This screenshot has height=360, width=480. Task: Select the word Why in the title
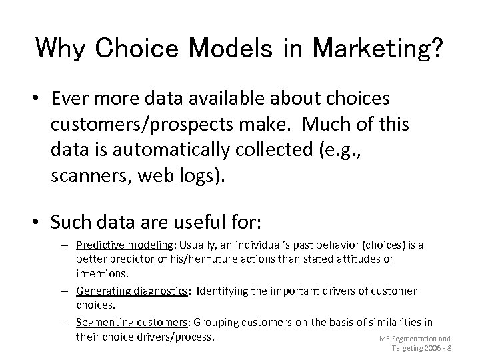61,49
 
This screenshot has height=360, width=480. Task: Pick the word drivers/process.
175,337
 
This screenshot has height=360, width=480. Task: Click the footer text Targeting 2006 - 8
422,349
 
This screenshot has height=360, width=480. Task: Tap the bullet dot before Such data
41,221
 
